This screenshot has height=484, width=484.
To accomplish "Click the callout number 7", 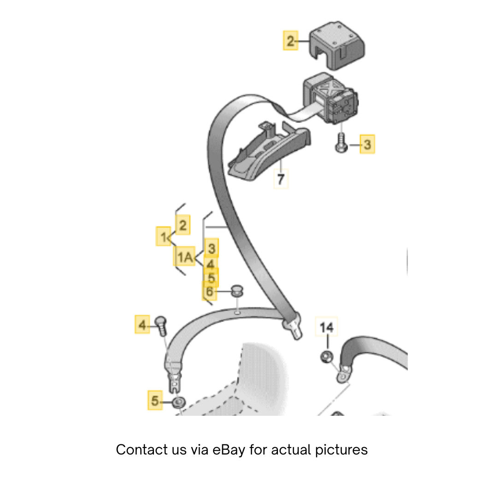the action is (281, 179).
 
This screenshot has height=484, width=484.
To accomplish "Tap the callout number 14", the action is (326, 327).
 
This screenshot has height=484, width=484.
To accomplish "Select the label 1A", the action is (184, 257).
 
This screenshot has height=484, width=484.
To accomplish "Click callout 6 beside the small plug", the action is (210, 291).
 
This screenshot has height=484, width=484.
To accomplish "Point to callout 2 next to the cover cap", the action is (290, 41).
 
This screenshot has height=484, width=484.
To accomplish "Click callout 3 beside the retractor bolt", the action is (367, 144).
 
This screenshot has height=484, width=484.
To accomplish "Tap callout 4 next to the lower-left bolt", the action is (142, 325).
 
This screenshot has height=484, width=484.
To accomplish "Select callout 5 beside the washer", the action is (154, 401).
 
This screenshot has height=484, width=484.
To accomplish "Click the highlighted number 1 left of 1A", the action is (163, 237).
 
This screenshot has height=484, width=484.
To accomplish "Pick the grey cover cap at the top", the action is (337, 45).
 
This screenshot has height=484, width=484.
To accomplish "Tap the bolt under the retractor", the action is (341, 142).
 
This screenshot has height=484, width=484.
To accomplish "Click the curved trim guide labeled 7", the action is (269, 151).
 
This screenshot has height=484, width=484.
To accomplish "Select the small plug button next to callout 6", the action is (237, 291).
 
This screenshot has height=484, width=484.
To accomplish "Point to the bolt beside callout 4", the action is (161, 325).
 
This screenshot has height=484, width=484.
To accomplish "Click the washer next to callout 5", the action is (179, 402).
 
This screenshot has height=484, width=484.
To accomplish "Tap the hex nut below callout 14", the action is (327, 357).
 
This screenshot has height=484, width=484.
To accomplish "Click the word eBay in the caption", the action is (229, 450).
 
